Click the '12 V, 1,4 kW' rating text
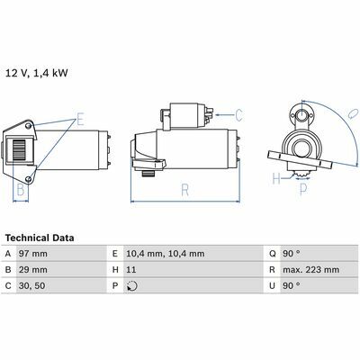(x=37, y=73)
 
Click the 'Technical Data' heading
(x=40, y=238)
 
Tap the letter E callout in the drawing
(x=79, y=119)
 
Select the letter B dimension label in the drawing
(x=21, y=190)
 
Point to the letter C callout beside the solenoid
(x=238, y=115)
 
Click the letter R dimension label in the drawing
(x=185, y=190)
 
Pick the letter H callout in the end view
(x=276, y=179)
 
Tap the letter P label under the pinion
(x=303, y=189)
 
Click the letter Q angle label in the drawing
(x=353, y=114)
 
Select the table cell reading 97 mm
(x=32, y=254)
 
